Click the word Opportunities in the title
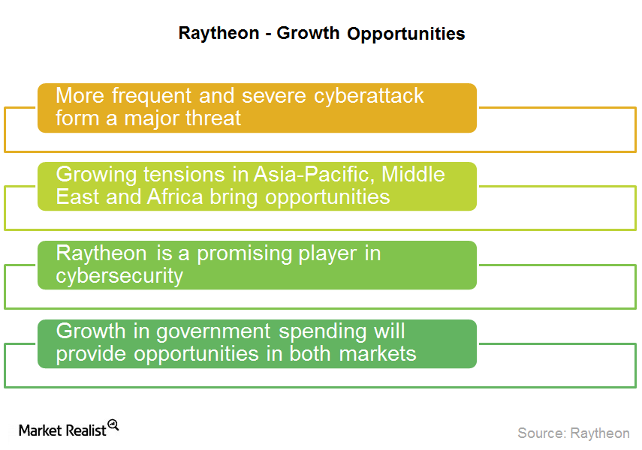pyautogui.click(x=405, y=34)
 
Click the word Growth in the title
pyautogui.click(x=308, y=33)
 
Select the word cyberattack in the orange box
pyautogui.click(x=369, y=97)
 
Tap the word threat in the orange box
pyautogui.click(x=213, y=118)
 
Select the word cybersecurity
pyautogui.click(x=119, y=276)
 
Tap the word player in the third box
pyautogui.click(x=327, y=254)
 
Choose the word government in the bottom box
pyautogui.click(x=213, y=331)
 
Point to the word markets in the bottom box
pyautogui.click(x=378, y=354)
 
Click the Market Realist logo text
pyautogui.click(x=62, y=430)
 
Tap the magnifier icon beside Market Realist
pyautogui.click(x=113, y=424)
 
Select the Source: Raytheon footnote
pyautogui.click(x=573, y=433)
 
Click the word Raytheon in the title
pyautogui.click(x=219, y=34)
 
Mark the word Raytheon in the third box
pyautogui.click(x=101, y=254)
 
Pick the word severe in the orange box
pyautogui.click(x=273, y=97)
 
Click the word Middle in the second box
pyautogui.click(x=413, y=175)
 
